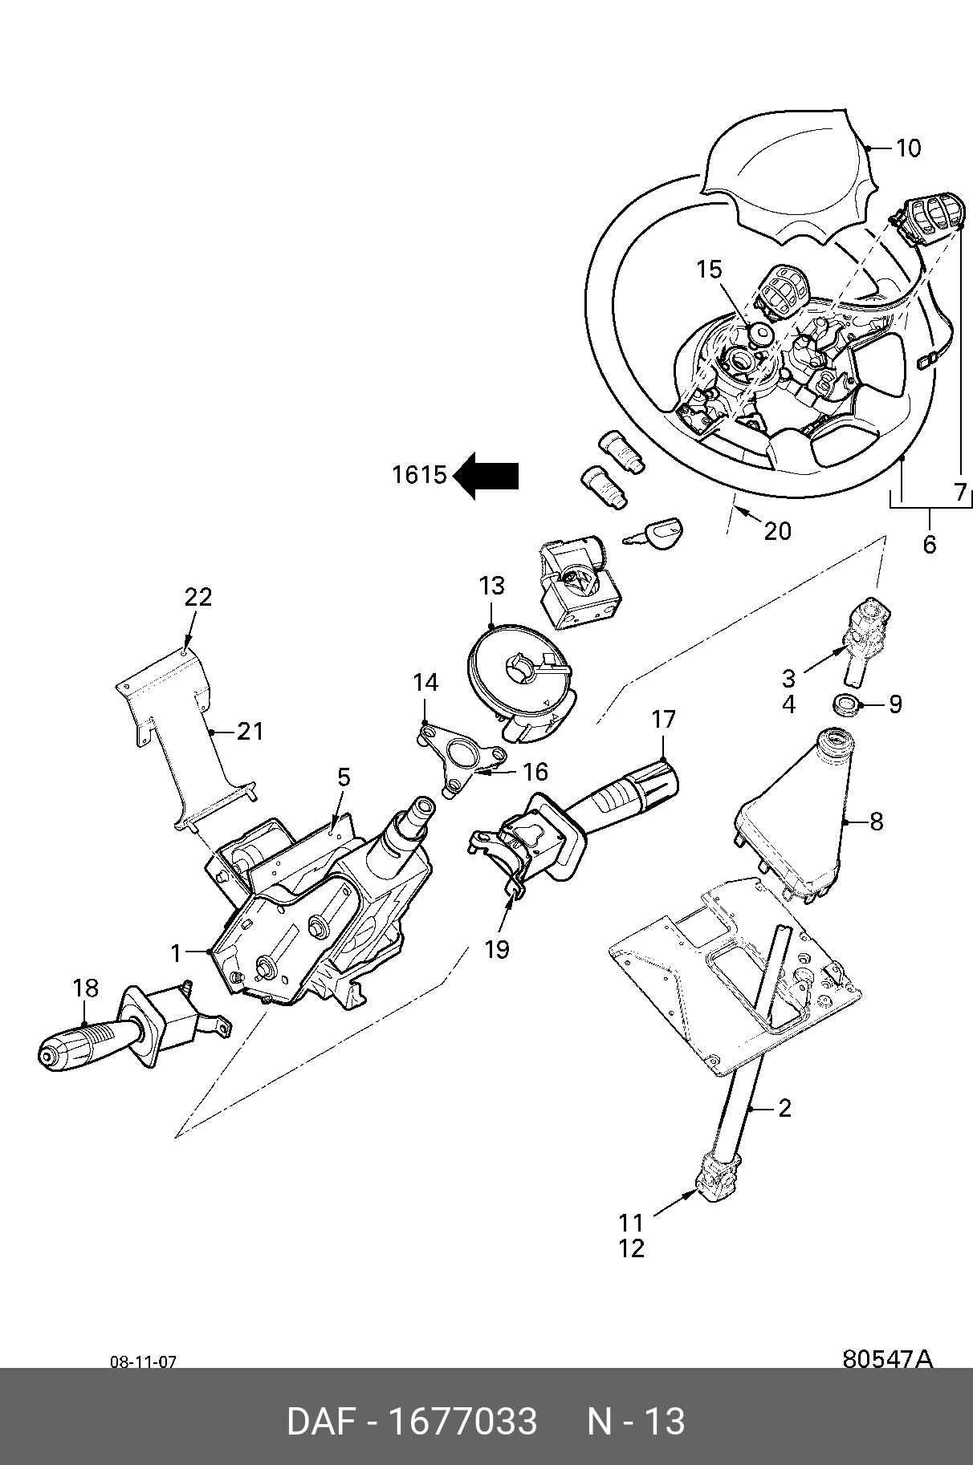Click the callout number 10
point(908,148)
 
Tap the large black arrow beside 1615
point(486,476)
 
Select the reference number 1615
point(418,475)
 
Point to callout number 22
point(197,597)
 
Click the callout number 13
point(491,586)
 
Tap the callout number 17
point(664,719)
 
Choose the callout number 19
point(497,949)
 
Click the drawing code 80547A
point(887,1359)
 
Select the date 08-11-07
point(143,1362)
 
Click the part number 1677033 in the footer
point(462,1422)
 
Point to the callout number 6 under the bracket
point(929,545)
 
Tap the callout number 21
point(250,731)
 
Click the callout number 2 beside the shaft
point(784,1108)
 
